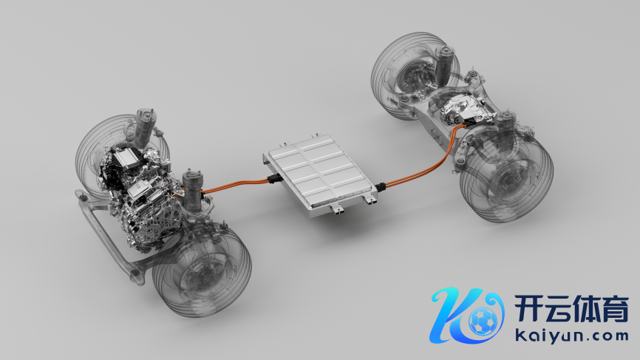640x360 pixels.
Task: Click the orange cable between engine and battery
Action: tap(235, 184)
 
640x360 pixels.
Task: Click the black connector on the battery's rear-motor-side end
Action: tap(381, 187)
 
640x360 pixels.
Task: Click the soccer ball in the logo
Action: tap(483, 321)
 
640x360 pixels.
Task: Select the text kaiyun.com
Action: tap(571, 336)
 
